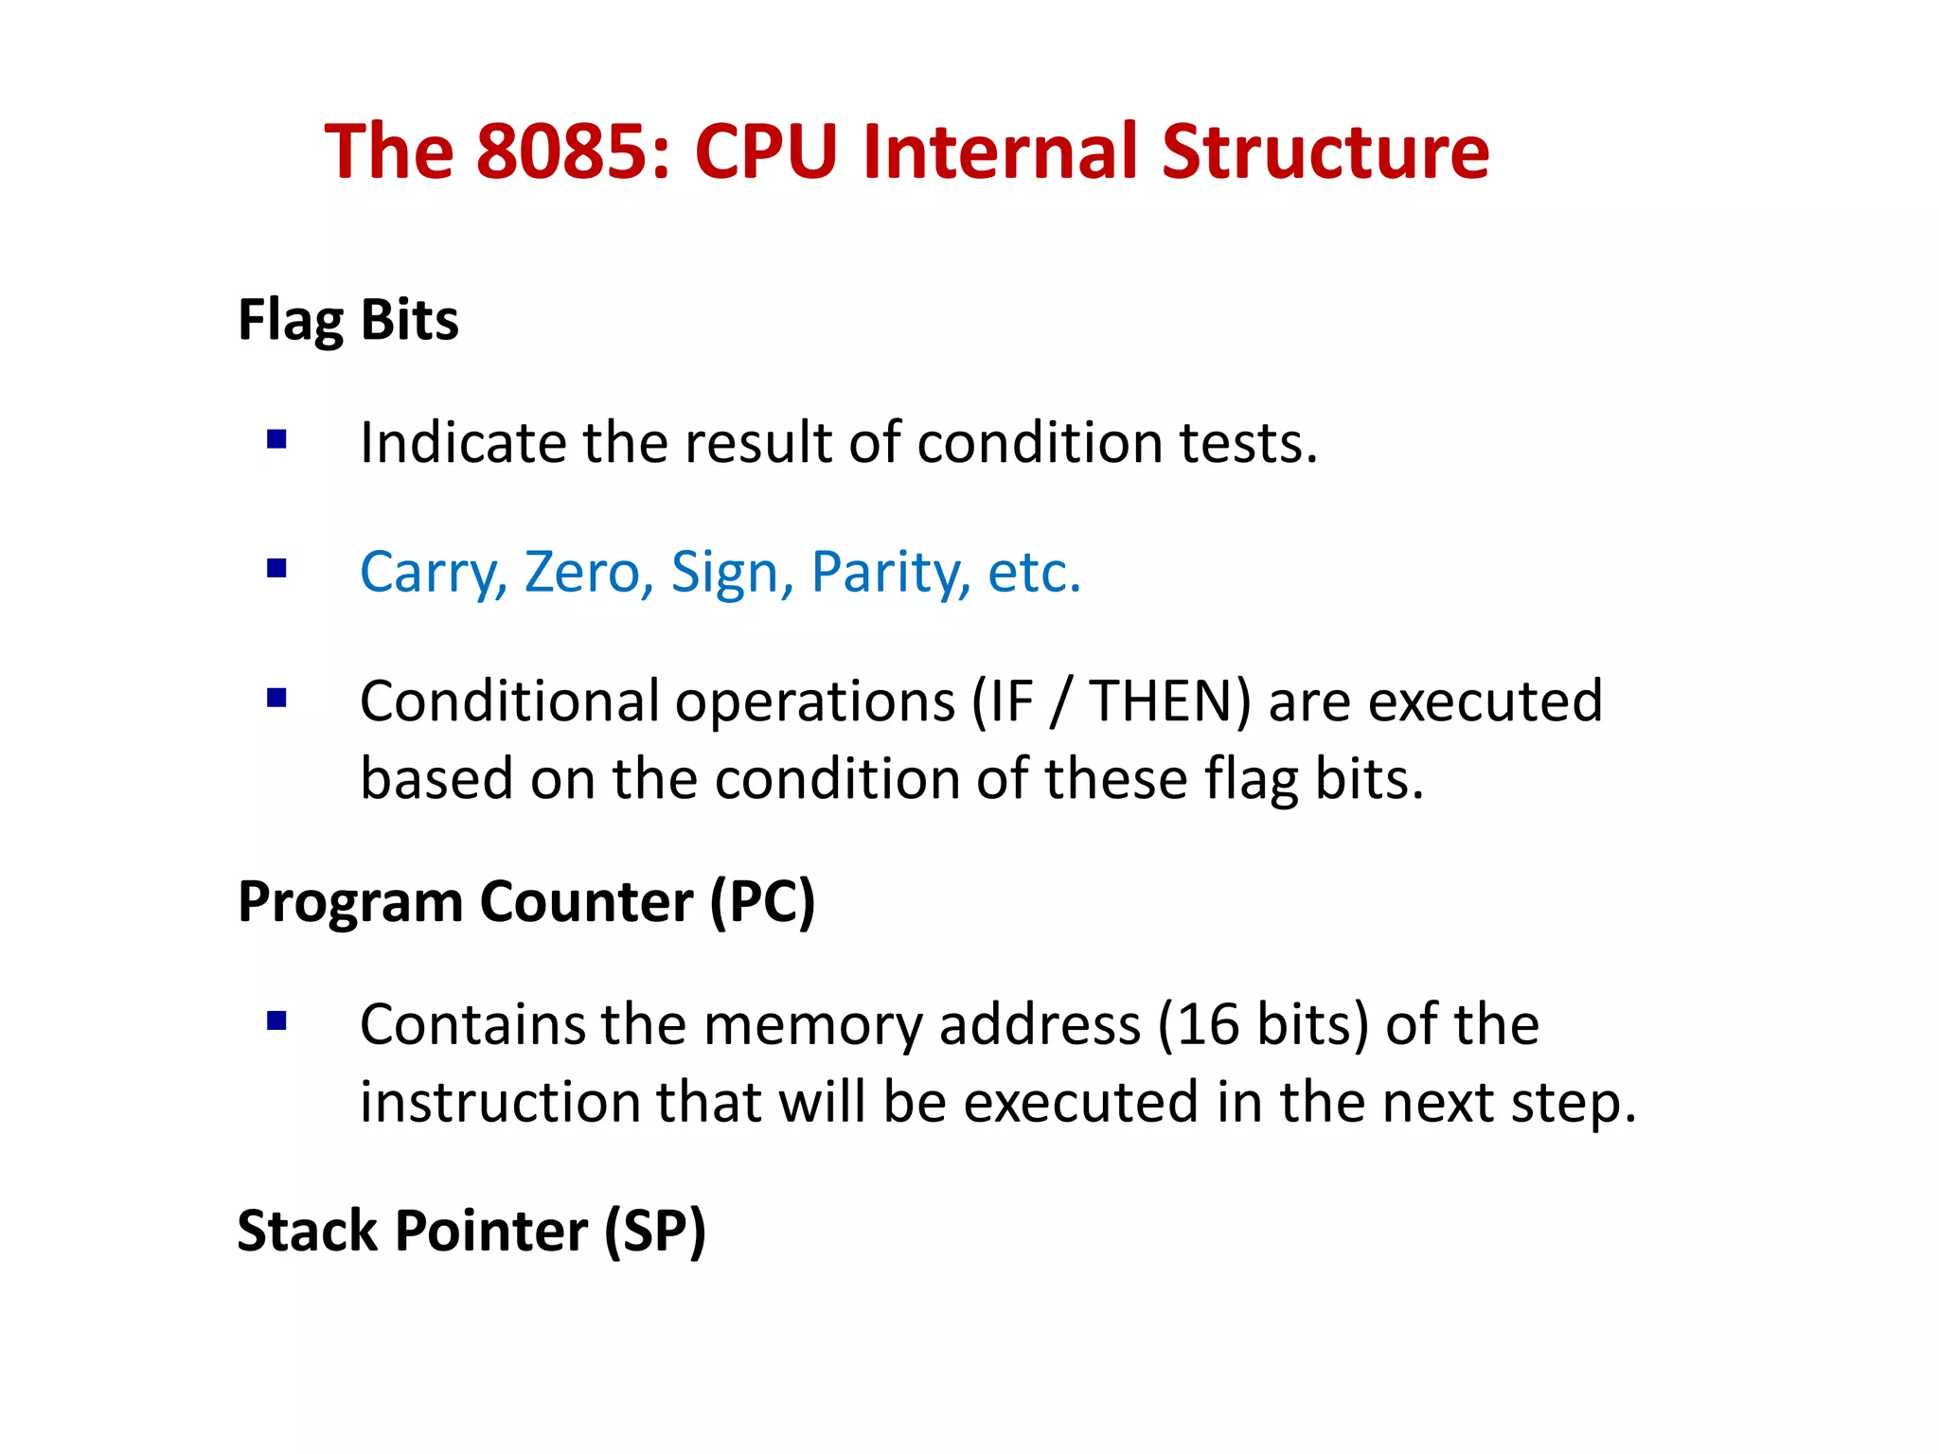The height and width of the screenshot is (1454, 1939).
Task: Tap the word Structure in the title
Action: (x=1325, y=151)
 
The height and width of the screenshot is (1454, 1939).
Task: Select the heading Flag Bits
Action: (x=347, y=320)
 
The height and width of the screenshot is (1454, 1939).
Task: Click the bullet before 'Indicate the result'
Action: (x=276, y=439)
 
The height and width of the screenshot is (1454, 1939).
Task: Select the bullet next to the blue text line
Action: (x=276, y=569)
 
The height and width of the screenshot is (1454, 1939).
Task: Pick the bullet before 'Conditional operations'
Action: (x=276, y=699)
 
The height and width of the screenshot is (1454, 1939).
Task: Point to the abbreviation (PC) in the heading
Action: (x=762, y=901)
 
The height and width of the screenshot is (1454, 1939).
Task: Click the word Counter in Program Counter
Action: (x=586, y=901)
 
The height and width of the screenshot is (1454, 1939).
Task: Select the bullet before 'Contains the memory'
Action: (x=276, y=1021)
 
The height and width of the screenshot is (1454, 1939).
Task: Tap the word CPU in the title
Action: (x=766, y=151)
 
